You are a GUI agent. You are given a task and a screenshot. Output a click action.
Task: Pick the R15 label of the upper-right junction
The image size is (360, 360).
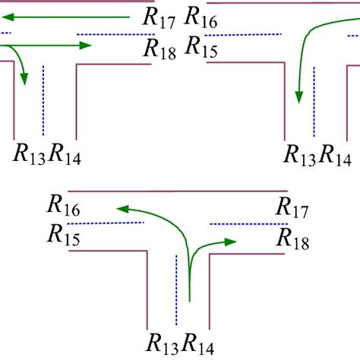[202, 50]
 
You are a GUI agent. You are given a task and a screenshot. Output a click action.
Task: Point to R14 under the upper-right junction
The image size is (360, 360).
[335, 155]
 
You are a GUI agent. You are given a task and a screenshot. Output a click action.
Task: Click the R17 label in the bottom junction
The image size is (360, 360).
[293, 206]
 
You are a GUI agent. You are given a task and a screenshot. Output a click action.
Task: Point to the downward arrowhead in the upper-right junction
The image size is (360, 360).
[299, 96]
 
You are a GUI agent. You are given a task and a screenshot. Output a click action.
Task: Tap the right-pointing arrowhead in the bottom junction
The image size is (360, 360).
[232, 241]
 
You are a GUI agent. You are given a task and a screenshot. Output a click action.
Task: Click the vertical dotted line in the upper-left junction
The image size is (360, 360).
[43, 95]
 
